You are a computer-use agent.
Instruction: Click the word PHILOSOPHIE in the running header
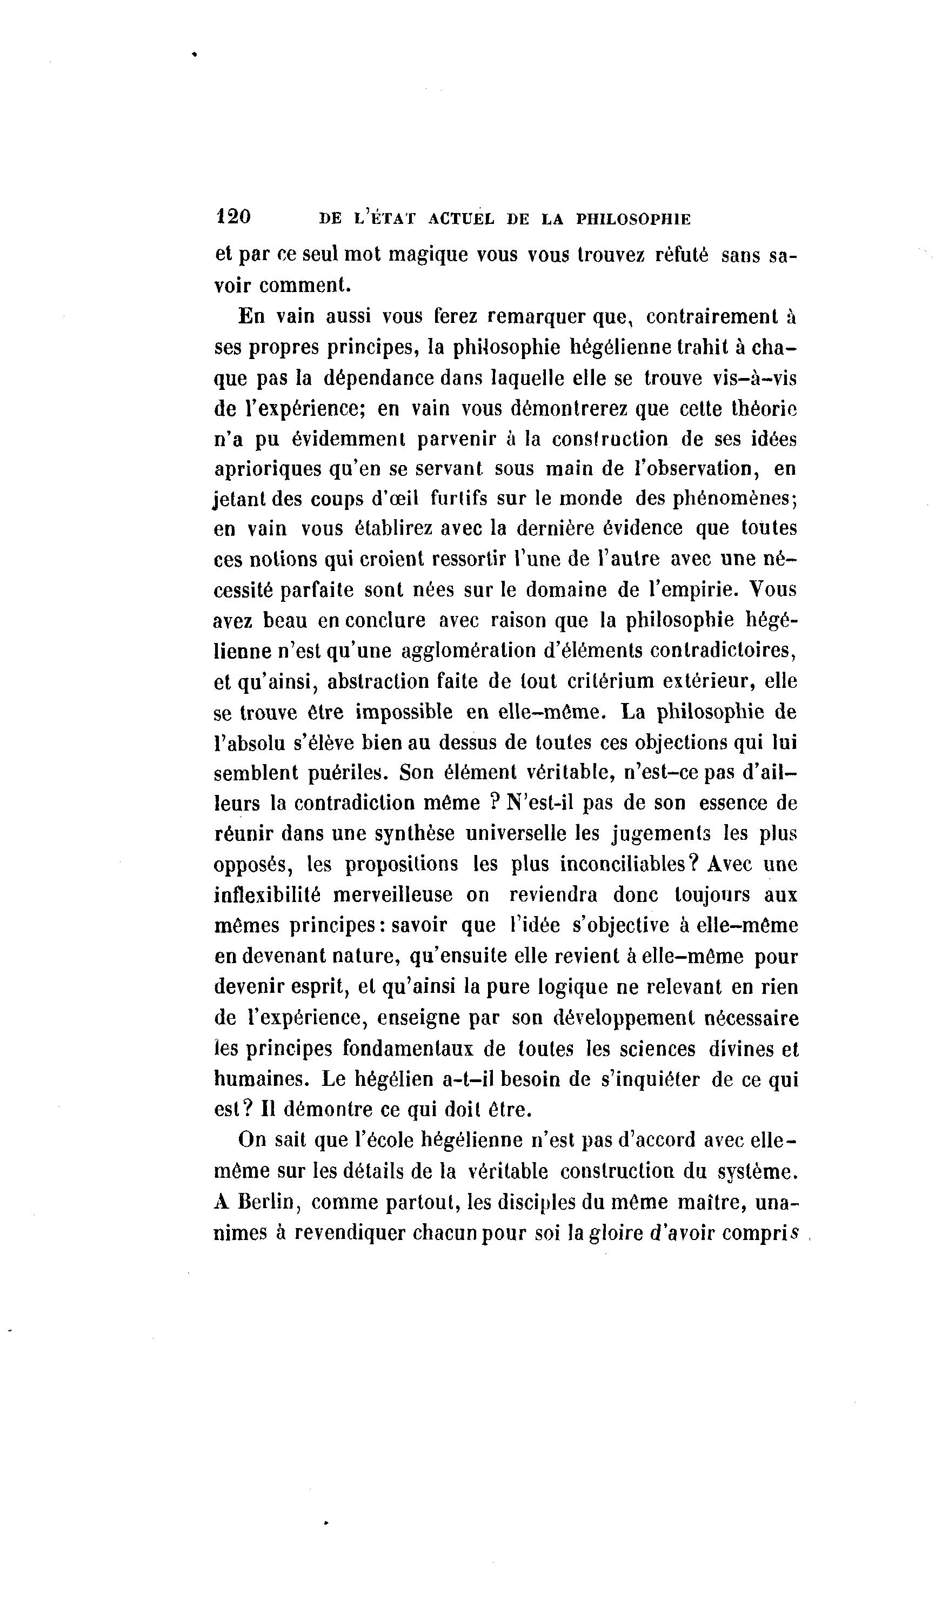(x=633, y=220)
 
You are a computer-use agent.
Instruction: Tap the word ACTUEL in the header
(x=461, y=220)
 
